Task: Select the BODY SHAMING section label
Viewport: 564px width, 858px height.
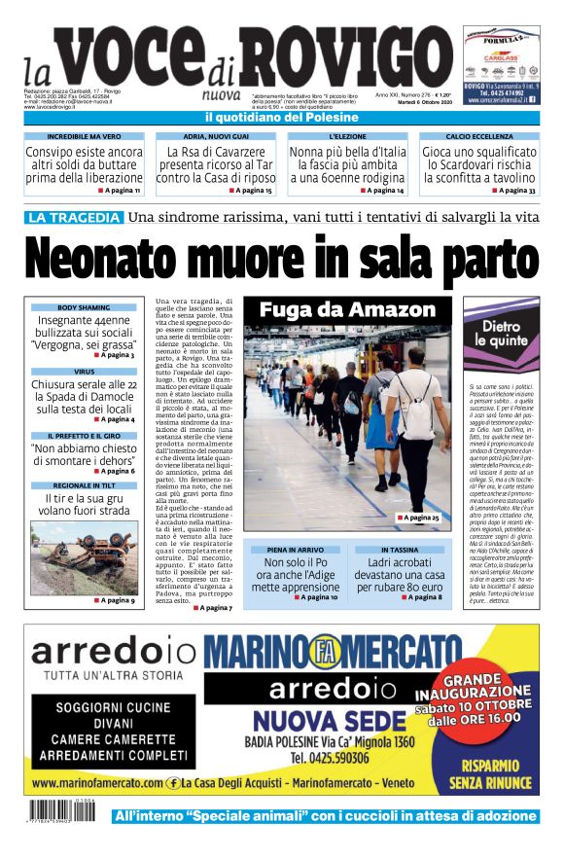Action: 84,307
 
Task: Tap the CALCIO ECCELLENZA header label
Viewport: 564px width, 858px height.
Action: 478,137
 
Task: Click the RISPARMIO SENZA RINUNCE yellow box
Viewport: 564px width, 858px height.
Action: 483,769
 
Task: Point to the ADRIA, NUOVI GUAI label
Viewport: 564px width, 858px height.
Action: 214,137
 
